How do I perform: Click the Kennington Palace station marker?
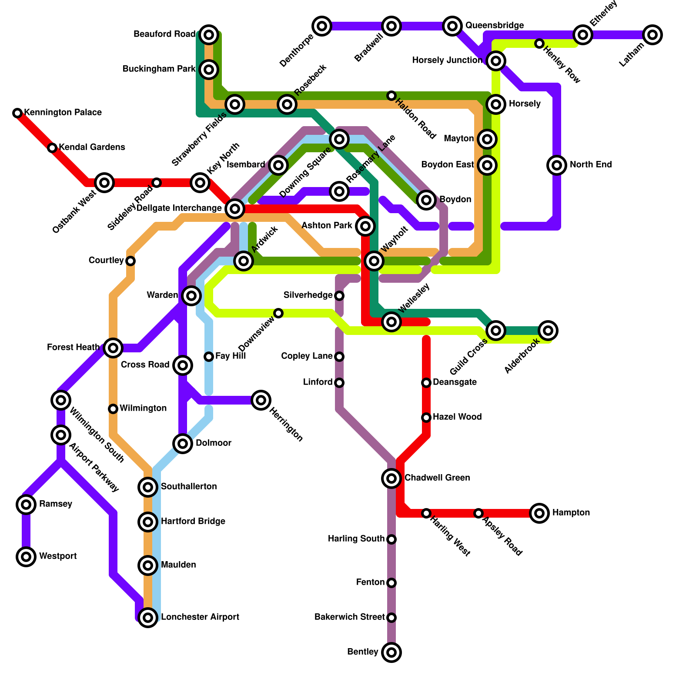point(17,113)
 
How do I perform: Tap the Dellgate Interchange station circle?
point(235,209)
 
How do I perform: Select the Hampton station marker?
point(539,513)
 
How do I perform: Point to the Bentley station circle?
point(391,652)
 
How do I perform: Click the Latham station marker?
point(652,35)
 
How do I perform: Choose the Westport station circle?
point(26,557)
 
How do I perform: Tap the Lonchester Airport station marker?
point(148,618)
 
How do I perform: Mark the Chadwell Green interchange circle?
point(391,478)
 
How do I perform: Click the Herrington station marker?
point(261,400)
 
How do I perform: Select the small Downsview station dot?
point(278,313)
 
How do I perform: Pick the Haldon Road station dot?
point(391,96)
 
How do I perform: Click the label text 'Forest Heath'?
point(73,348)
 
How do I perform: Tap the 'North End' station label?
point(591,165)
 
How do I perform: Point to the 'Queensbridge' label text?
point(495,26)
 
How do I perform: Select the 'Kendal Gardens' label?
point(92,147)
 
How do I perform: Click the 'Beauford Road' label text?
point(164,34)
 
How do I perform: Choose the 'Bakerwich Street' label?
point(349,617)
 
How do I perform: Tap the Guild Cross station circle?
point(496,331)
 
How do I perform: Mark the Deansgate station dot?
point(426,383)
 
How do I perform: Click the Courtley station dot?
point(130,261)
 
